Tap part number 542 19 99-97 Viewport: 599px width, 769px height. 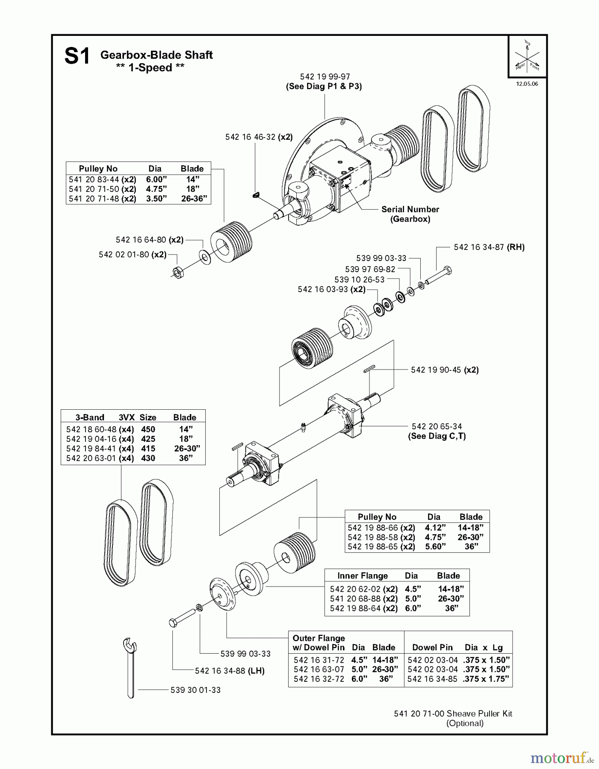[x=325, y=76]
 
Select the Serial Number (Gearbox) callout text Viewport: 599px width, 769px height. [x=410, y=214]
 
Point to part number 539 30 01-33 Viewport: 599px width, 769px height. [x=195, y=690]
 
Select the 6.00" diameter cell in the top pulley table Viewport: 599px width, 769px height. [x=156, y=179]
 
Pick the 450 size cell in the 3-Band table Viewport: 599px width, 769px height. [x=148, y=429]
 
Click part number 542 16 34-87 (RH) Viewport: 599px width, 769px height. [x=489, y=247]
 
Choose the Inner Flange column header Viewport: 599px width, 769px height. [x=362, y=575]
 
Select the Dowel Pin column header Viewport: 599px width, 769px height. [x=432, y=647]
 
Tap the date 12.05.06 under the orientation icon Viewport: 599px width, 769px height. [x=527, y=84]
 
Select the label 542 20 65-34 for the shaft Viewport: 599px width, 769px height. [x=437, y=426]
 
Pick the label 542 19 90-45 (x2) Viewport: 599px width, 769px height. [x=444, y=370]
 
